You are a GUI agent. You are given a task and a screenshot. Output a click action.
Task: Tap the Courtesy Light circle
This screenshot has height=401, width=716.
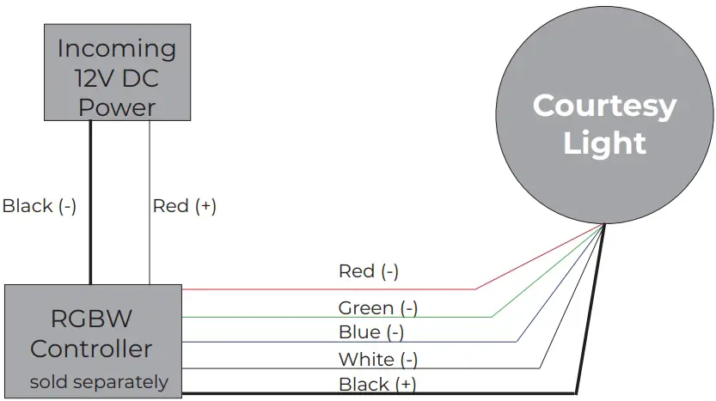(605, 120)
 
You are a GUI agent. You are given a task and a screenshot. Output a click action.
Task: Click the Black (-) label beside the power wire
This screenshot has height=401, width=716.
(40, 206)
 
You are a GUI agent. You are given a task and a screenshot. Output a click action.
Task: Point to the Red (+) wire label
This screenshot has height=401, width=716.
(184, 206)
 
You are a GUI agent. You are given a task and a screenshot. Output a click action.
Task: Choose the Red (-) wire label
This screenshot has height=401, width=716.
(368, 271)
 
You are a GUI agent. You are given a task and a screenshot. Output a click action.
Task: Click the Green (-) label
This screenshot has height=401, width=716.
(377, 307)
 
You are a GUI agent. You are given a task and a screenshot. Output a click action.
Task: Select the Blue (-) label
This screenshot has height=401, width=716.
(370, 331)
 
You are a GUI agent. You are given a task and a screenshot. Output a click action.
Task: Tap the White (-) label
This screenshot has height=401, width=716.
(377, 359)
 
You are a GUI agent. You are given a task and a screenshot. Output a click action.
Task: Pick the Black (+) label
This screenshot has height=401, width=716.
(377, 384)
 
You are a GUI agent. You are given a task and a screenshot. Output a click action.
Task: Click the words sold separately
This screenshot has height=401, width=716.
(99, 381)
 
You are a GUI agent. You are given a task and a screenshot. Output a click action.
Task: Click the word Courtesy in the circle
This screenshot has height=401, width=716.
(604, 106)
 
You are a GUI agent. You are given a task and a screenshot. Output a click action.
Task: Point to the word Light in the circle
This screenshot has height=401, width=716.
(604, 143)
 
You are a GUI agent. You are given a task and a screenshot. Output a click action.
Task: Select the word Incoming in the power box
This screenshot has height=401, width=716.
(116, 49)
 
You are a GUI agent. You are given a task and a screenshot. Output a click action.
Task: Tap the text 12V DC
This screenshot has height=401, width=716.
(117, 78)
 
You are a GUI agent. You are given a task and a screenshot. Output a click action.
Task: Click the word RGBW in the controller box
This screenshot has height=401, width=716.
(92, 319)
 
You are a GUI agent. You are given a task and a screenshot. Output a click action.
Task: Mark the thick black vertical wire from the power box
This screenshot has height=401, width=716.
(90, 206)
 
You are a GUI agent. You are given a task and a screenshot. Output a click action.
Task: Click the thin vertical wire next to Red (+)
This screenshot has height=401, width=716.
(150, 249)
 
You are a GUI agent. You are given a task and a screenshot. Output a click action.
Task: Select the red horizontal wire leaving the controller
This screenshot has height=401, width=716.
(327, 289)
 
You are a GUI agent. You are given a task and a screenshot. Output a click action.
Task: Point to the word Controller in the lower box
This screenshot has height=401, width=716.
(91, 349)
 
